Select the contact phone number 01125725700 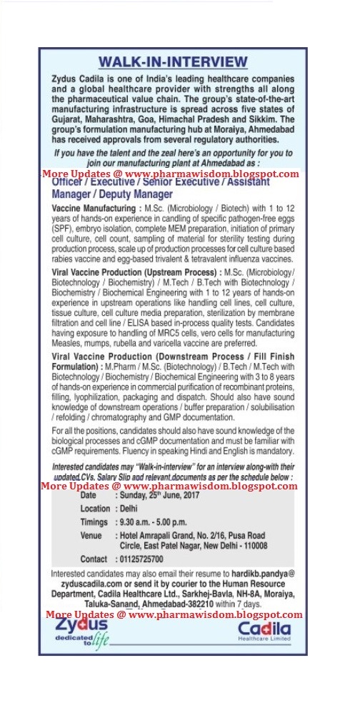(143, 559)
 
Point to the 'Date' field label (89, 494)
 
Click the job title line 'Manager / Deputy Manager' (113, 194)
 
